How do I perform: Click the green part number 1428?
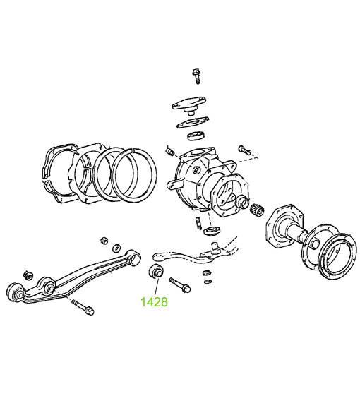[154, 302]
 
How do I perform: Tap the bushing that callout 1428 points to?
[156, 271]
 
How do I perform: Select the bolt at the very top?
[197, 76]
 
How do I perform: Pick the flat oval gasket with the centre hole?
[193, 123]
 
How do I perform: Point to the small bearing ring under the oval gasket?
[196, 136]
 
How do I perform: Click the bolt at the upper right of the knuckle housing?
[244, 150]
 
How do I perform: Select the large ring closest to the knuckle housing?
[134, 175]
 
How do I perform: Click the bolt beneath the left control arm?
[83, 307]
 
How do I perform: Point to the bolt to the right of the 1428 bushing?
[180, 285]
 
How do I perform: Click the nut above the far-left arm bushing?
[28, 275]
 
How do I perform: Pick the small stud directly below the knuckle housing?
[198, 223]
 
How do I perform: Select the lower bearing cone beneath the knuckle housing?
[212, 231]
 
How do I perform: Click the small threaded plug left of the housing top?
[170, 151]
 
